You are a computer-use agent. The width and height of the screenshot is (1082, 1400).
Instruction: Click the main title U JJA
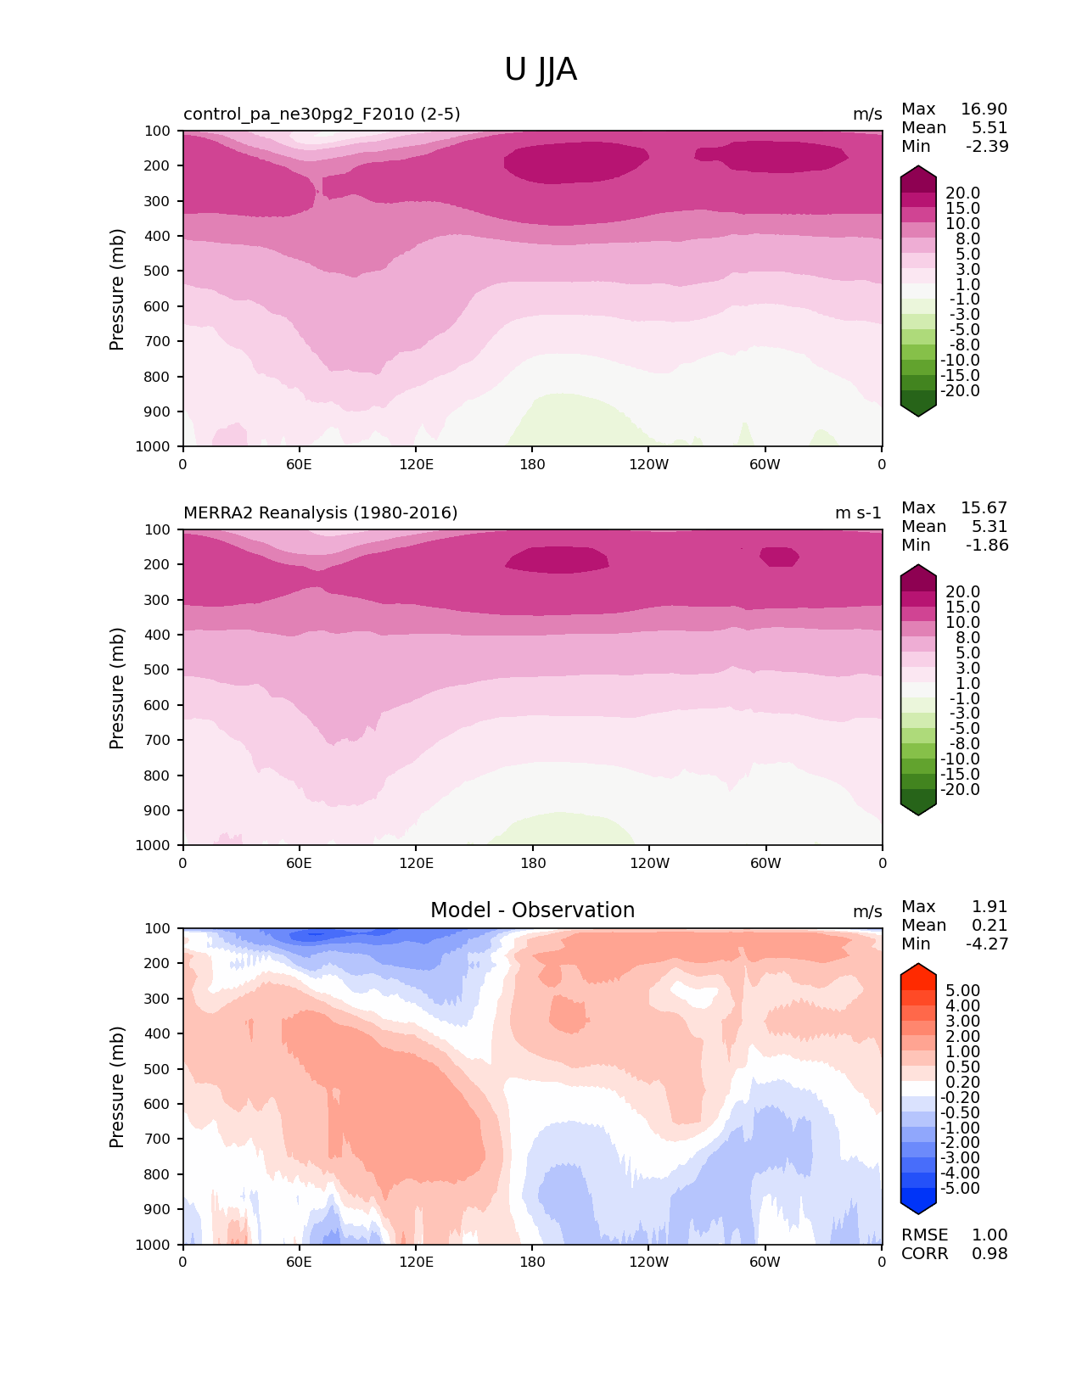click(x=541, y=70)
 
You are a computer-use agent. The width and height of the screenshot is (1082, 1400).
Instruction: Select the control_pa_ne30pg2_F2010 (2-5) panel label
click(x=322, y=115)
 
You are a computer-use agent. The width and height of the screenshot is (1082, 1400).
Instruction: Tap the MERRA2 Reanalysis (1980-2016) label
click(x=320, y=513)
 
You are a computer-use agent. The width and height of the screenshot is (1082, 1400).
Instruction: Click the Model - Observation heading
click(x=532, y=910)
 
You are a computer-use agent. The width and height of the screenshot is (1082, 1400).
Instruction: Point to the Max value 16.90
click(x=984, y=109)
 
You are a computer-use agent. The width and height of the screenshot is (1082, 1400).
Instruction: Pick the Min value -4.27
click(x=987, y=944)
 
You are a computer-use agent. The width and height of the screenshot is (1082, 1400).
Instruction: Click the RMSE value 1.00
click(x=989, y=1235)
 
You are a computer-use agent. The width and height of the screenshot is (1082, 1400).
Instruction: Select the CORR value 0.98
click(x=989, y=1254)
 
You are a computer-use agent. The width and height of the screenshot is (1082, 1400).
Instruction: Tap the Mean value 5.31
click(x=989, y=527)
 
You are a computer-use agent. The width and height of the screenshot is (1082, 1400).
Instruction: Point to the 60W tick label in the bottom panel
click(x=765, y=1263)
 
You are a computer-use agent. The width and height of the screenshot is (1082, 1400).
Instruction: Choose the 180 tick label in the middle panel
click(x=532, y=864)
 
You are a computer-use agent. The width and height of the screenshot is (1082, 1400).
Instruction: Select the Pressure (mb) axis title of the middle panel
click(x=117, y=688)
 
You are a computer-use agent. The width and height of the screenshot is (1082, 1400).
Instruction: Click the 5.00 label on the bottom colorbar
click(x=962, y=991)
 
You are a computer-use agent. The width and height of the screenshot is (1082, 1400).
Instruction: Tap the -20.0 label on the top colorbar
click(x=960, y=391)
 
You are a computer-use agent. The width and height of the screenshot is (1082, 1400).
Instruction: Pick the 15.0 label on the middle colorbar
click(x=962, y=608)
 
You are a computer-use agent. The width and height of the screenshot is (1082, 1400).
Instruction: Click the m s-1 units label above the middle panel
click(x=858, y=513)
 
